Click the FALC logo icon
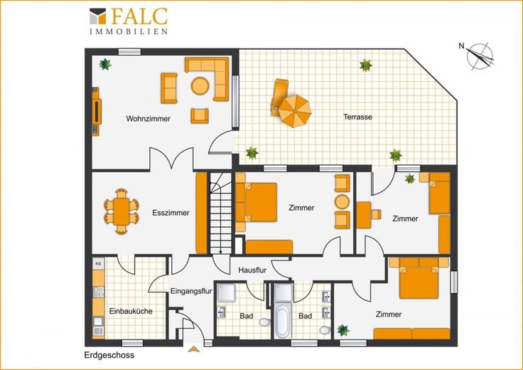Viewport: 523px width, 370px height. point(98,16)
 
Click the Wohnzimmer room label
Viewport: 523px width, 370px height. point(148,119)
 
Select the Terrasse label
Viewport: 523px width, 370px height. point(358,117)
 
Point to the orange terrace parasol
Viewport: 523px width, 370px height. point(295,111)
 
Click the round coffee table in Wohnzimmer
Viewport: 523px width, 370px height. point(200,86)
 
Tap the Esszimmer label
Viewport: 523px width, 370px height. point(171,213)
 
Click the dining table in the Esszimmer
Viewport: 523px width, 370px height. point(121,212)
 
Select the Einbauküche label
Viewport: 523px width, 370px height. point(131,311)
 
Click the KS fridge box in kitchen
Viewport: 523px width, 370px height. point(98,263)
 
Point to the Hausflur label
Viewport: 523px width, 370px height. point(252,270)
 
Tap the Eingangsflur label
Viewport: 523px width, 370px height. point(191,291)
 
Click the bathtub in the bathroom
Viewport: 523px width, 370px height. point(283,320)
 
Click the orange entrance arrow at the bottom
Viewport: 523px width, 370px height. point(194,349)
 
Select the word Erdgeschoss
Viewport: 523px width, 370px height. point(109,355)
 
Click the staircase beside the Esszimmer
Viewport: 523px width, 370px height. point(220,213)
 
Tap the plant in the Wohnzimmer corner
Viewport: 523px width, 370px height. point(105,64)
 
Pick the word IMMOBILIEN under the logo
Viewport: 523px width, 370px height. point(129,31)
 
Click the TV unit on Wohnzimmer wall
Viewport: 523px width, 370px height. point(96,112)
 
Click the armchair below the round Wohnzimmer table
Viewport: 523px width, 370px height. point(200,115)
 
